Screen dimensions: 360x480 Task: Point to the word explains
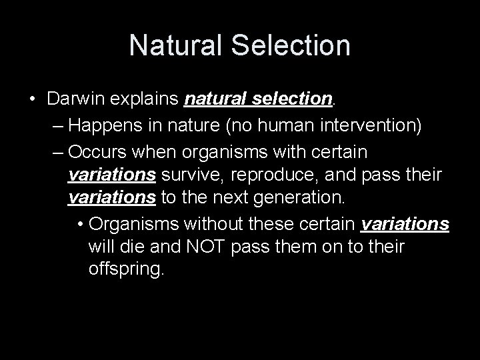pyautogui.click(x=147, y=99)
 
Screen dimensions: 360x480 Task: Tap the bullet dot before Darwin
pyautogui.click(x=32, y=100)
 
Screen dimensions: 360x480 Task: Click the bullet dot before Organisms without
pyautogui.click(x=80, y=223)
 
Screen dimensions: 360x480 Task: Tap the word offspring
pyautogui.click(x=125, y=271)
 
